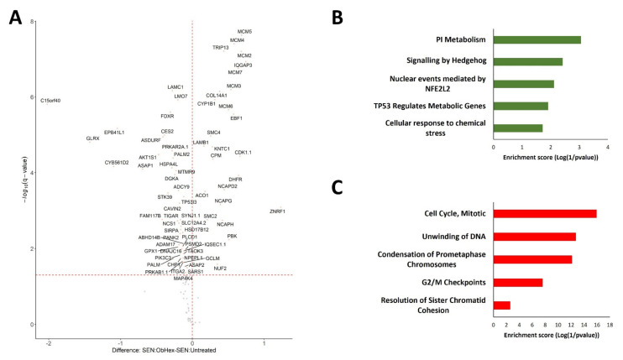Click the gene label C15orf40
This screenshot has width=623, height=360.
pyautogui.click(x=50, y=101)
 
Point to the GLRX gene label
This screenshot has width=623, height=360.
pyautogui.click(x=93, y=138)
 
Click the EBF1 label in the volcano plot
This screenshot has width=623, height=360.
pyautogui.click(x=236, y=118)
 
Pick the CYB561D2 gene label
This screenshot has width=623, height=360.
pyautogui.click(x=117, y=163)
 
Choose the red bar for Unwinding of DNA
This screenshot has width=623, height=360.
pyautogui.click(x=535, y=237)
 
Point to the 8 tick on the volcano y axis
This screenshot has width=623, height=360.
pyautogui.click(x=32, y=20)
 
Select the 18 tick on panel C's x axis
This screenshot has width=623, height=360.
pyautogui.click(x=609, y=324)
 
